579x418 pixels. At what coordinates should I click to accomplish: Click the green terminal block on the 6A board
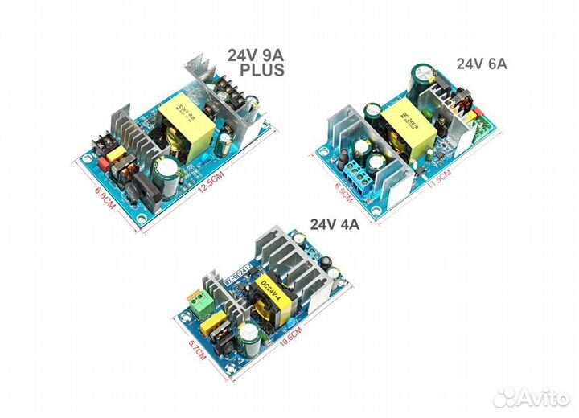[485, 128]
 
